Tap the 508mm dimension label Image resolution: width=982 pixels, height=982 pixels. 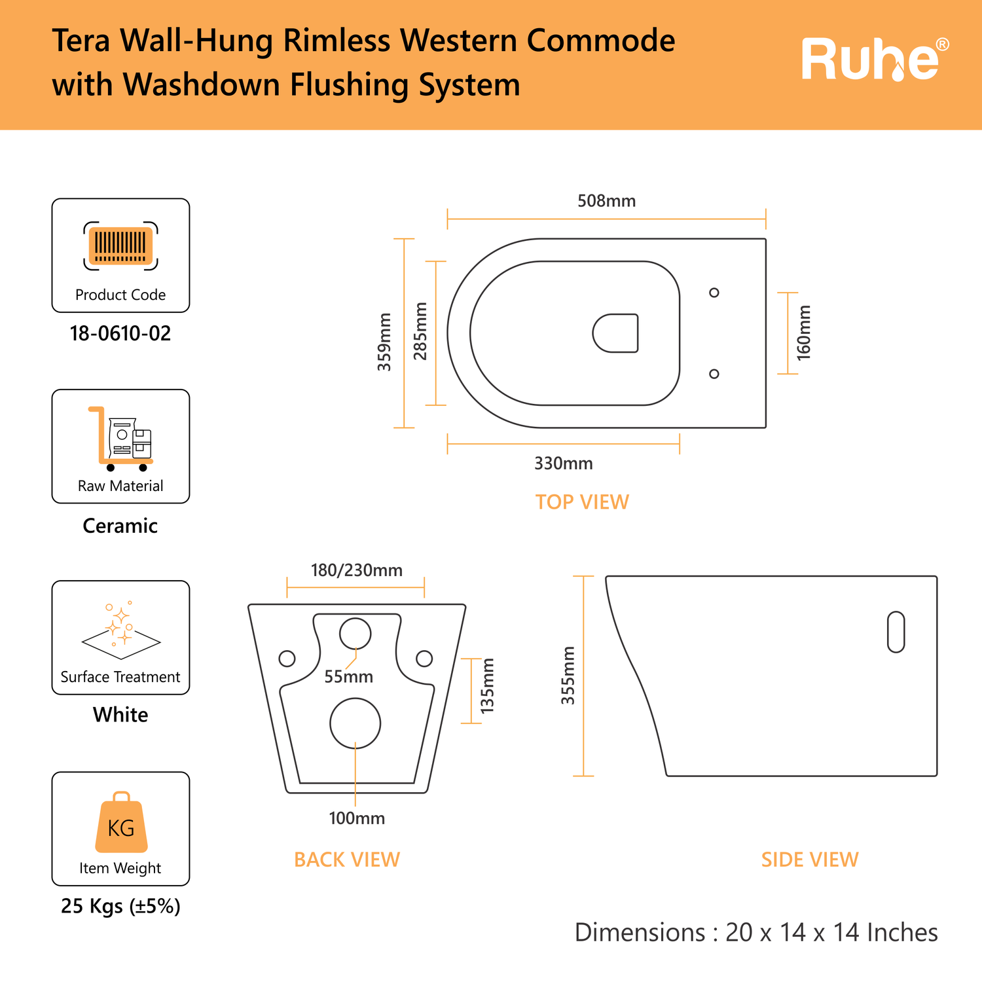pyautogui.click(x=606, y=201)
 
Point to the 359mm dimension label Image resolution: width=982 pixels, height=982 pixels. pyautogui.click(x=384, y=342)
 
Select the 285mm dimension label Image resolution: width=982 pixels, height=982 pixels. pyautogui.click(x=420, y=331)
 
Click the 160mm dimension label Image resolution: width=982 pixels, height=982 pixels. pyautogui.click(x=804, y=333)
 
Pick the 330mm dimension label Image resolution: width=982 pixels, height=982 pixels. pyautogui.click(x=564, y=464)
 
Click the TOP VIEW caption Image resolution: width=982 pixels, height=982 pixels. pyautogui.click(x=582, y=502)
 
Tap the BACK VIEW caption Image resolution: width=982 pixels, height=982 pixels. pyautogui.click(x=347, y=860)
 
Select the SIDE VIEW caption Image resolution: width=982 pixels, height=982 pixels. pyautogui.click(x=810, y=860)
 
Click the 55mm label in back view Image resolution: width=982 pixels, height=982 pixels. pyautogui.click(x=349, y=676)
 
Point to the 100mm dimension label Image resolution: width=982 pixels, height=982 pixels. pyautogui.click(x=357, y=818)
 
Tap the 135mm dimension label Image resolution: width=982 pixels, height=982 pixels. pyautogui.click(x=487, y=685)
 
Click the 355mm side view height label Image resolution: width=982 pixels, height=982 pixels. pyautogui.click(x=568, y=676)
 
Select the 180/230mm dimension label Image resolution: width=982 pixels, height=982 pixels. pyautogui.click(x=357, y=570)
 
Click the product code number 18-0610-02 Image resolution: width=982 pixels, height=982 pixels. pyautogui.click(x=120, y=333)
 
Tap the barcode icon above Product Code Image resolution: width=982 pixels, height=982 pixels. pyautogui.click(x=121, y=245)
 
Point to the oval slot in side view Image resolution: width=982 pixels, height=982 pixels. pyautogui.click(x=896, y=632)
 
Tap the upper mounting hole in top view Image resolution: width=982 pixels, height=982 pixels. pyautogui.click(x=714, y=293)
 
